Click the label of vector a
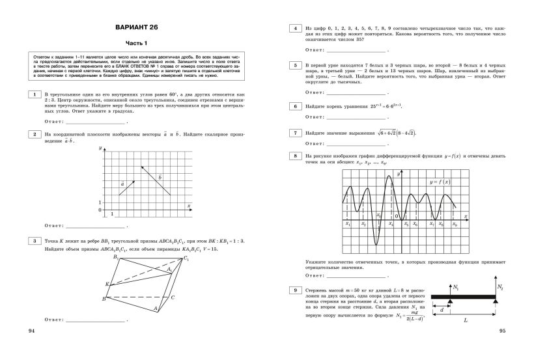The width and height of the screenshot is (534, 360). pyautogui.click(x=122, y=184)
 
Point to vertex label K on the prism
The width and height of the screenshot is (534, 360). pyautogui.click(x=107, y=284)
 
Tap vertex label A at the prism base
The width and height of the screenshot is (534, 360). pyautogui.click(x=154, y=311)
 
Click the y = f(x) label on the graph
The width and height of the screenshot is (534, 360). pyautogui.click(x=443, y=182)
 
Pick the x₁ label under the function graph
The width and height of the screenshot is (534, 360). pyautogui.click(x=348, y=224)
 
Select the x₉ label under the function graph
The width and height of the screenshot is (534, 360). pyautogui.click(x=455, y=224)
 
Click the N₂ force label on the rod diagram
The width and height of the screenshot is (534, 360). pyautogui.click(x=500, y=286)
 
